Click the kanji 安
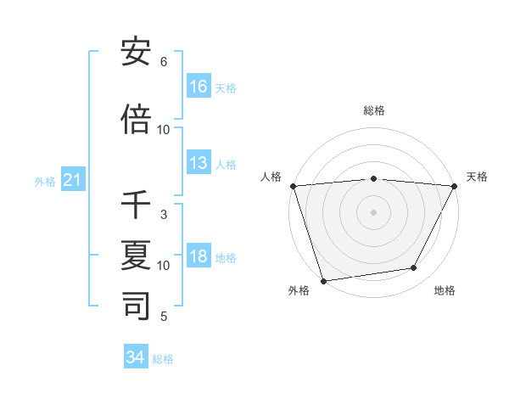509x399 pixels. tap(137, 53)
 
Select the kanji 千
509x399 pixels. tap(137, 205)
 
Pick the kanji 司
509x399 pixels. tap(137, 305)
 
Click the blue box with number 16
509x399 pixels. tap(199, 87)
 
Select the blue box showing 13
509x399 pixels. tap(199, 163)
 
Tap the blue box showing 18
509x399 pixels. tap(199, 256)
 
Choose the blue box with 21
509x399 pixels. tap(73, 180)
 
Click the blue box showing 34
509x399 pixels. tap(136, 357)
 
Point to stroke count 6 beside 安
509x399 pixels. tap(164, 62)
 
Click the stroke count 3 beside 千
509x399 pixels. tap(164, 215)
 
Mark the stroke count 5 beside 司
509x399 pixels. tap(164, 317)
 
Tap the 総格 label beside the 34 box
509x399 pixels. tap(163, 359)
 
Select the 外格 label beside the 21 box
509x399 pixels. tap(45, 182)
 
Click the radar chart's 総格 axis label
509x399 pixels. tap(373, 110)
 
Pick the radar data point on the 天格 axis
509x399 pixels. tap(455, 186)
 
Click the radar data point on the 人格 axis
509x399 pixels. tap(293, 186)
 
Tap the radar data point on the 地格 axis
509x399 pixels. tap(414, 268)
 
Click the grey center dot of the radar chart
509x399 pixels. tap(373, 212)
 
